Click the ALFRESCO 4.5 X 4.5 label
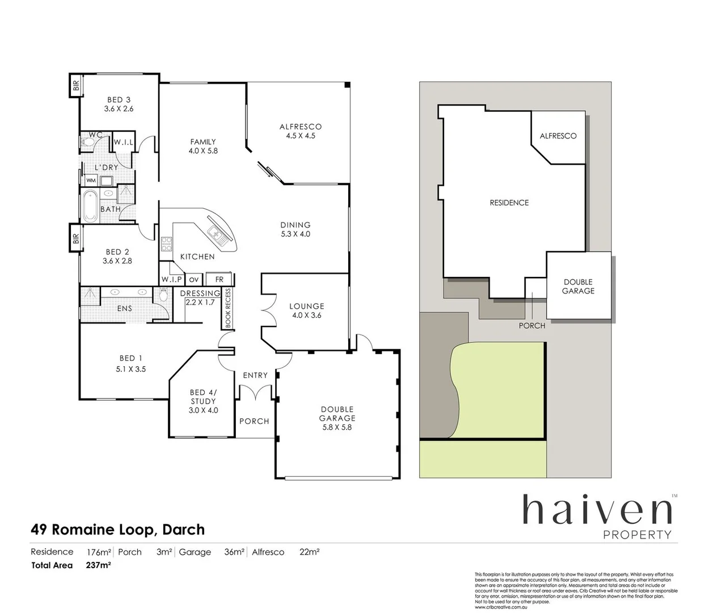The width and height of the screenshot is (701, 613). tap(300, 131)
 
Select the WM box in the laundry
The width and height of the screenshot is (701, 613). tap(91, 180)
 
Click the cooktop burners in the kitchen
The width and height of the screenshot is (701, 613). tap(167, 244)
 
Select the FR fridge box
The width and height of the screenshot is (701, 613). tap(219, 279)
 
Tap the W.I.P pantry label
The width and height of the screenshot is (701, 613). tap(171, 279)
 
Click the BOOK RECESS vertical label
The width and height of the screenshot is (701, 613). tap(228, 309)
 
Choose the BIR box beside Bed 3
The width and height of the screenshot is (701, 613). tap(75, 86)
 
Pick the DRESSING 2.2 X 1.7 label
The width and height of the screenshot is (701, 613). tap(200, 297)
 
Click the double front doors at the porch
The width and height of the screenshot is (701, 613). tap(255, 393)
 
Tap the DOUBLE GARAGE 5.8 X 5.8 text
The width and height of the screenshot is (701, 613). tap(337, 418)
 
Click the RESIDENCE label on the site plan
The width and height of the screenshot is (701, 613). tap(509, 203)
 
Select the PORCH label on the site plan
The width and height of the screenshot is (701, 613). tap(531, 325)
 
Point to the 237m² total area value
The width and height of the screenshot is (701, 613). tap(98, 565)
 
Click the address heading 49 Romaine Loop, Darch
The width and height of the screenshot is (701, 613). tap(117, 530)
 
